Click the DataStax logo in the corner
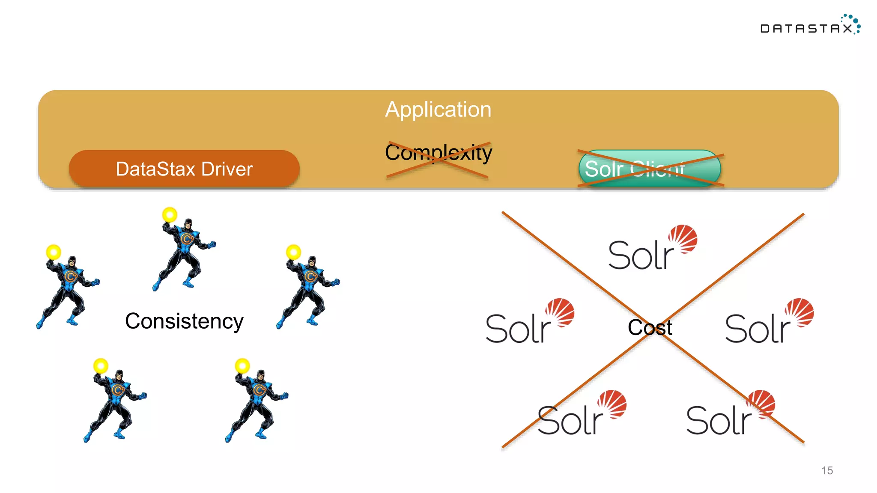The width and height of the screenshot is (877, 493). (809, 26)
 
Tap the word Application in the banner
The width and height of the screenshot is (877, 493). (438, 110)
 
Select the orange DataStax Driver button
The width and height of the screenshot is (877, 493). (184, 169)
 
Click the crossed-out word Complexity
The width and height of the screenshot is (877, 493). (438, 153)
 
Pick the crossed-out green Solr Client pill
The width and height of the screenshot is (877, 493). (650, 168)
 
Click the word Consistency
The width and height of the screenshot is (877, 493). (184, 321)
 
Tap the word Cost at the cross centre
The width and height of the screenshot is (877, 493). (650, 328)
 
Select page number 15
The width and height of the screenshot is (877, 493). (827, 470)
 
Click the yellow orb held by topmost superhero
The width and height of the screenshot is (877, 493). (170, 214)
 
